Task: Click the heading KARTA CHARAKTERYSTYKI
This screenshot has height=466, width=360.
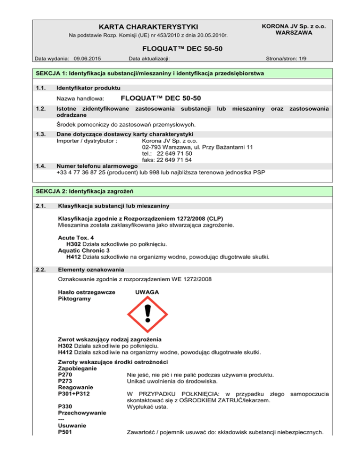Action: [147, 26]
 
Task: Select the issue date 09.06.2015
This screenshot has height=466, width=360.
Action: [88, 59]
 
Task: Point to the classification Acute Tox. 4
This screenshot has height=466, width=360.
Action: [75, 238]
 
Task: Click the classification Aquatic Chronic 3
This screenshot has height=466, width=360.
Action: [85, 250]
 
